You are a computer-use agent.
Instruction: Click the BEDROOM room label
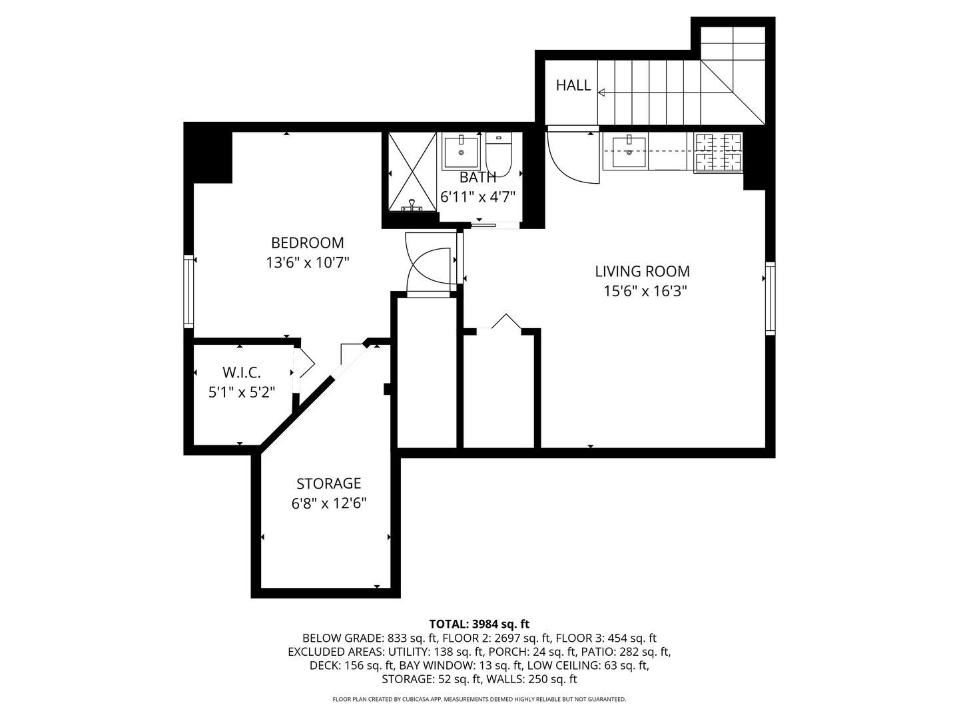tap(307, 243)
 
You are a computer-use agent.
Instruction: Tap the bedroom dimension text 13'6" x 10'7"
tap(307, 263)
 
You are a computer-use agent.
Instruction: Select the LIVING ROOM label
tap(642, 271)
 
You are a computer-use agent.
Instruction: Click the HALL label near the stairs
tap(573, 85)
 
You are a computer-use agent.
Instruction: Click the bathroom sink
tap(460, 151)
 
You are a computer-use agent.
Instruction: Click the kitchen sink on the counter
tap(629, 152)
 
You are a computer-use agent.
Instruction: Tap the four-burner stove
tap(719, 152)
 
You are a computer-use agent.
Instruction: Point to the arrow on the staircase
tap(603, 93)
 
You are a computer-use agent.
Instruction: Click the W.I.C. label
tap(241, 372)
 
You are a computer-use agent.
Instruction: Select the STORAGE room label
tap(328, 483)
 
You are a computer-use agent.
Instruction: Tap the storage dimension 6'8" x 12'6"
tap(328, 503)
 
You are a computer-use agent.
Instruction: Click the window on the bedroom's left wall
tap(188, 291)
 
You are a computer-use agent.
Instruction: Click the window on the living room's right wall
tap(771, 298)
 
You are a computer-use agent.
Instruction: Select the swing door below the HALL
tap(569, 157)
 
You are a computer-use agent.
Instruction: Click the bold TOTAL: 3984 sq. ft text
tap(479, 624)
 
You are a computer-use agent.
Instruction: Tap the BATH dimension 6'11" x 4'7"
tap(478, 197)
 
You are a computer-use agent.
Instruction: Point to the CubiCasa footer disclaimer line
tap(479, 699)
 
